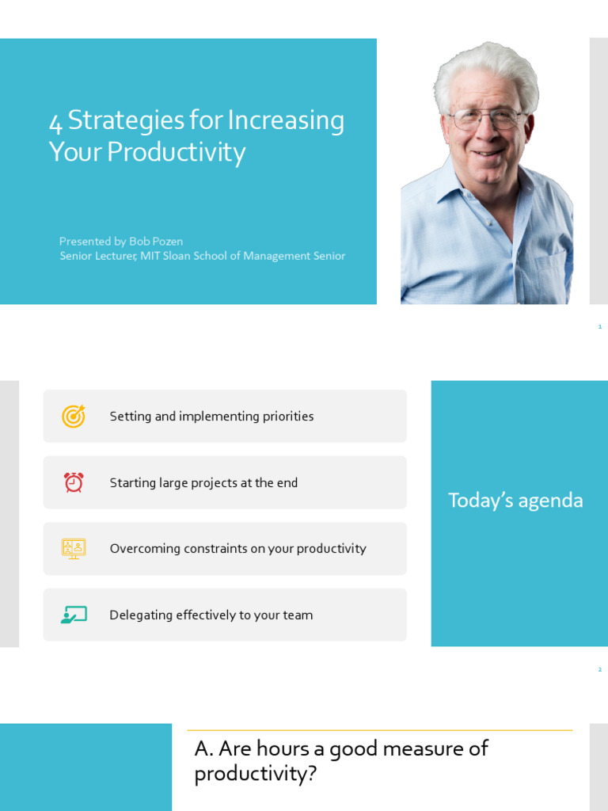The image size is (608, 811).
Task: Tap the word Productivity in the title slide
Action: tap(176, 152)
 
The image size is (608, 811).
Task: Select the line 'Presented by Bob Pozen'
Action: tap(121, 241)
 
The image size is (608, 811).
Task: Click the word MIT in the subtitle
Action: tap(150, 256)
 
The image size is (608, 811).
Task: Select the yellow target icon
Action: tap(74, 416)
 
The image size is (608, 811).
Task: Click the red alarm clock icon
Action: tap(74, 482)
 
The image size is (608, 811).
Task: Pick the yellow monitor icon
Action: tap(74, 548)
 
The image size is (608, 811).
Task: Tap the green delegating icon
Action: tap(74, 615)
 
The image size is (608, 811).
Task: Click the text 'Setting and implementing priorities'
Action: tap(211, 417)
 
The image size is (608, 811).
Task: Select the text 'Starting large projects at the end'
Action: tap(203, 483)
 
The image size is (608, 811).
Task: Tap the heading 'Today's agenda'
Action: tap(515, 501)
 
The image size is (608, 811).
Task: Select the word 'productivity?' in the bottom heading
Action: tap(255, 774)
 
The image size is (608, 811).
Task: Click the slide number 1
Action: tap(600, 326)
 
